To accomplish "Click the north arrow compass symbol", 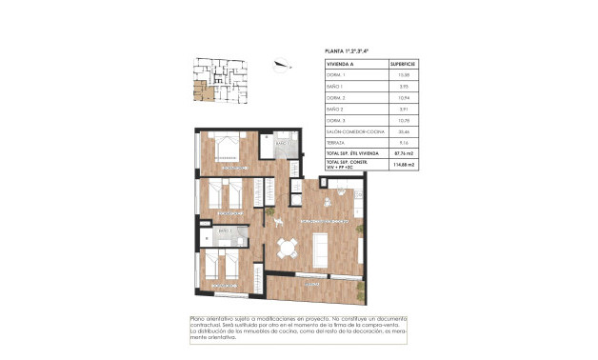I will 280,66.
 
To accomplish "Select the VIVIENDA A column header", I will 341,64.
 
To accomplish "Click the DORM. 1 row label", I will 335,74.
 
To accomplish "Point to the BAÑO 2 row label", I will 335,110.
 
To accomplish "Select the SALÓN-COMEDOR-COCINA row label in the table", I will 352,132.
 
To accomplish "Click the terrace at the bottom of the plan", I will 314,285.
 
